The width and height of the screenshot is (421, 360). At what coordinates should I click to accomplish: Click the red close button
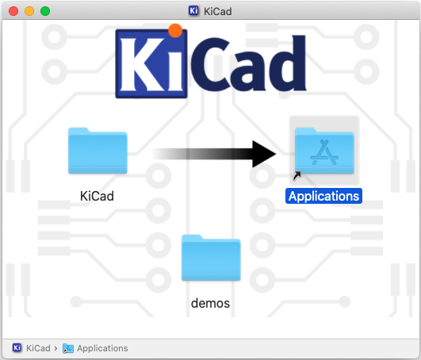tap(13, 11)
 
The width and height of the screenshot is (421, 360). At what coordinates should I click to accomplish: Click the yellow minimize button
tap(29, 11)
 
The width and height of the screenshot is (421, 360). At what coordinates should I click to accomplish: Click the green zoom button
tap(45, 11)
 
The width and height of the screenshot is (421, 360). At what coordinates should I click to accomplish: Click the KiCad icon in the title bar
tap(193, 11)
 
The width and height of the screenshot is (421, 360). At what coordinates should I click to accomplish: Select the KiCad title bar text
tap(218, 12)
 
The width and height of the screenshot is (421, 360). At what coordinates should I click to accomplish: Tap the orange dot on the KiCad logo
tap(175, 31)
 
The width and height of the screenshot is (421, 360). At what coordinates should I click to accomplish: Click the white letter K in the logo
tap(141, 64)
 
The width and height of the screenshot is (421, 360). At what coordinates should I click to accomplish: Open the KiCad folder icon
tap(98, 151)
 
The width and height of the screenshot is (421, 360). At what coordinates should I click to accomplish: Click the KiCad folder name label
tap(97, 196)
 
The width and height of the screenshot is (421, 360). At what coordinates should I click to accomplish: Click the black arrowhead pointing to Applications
tap(264, 154)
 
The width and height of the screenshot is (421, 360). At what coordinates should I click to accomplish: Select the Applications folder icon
tap(324, 151)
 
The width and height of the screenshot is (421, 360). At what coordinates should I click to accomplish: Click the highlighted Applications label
tap(323, 196)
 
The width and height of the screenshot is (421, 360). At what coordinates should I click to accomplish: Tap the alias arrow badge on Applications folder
tap(297, 176)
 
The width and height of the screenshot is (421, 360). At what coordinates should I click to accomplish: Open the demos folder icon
tap(211, 258)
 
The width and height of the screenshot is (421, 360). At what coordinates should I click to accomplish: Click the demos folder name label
tap(211, 304)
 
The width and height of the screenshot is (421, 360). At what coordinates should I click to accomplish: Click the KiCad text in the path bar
tap(38, 348)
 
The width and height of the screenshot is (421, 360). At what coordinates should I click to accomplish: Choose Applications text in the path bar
tap(102, 348)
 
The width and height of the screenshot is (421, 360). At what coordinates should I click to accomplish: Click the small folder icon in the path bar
tap(68, 348)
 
